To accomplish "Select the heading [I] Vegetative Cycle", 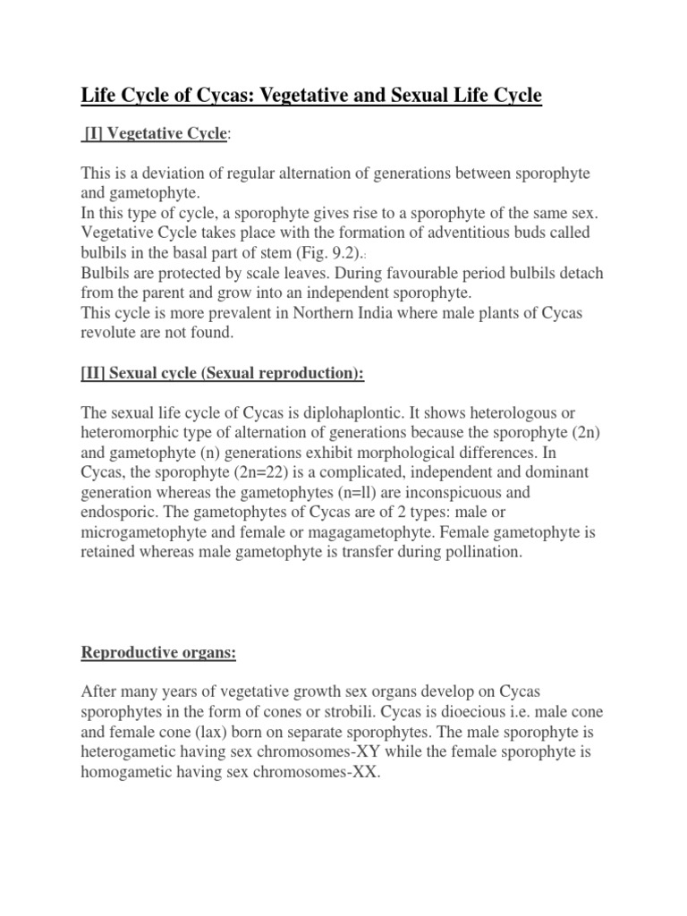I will pyautogui.click(x=156, y=133).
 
